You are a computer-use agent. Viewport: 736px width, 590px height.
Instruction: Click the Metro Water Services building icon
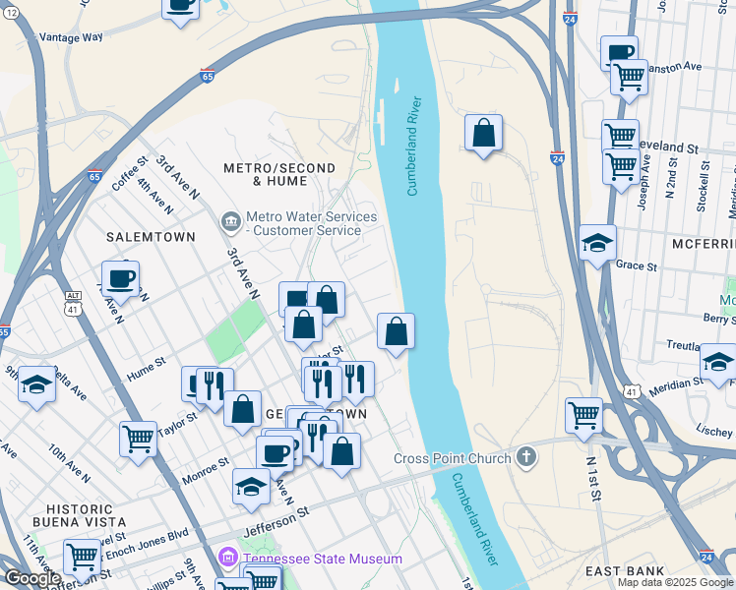point(230,222)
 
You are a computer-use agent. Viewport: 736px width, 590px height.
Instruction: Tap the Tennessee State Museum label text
point(323,559)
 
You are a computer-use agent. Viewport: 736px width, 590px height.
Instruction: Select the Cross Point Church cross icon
point(527,457)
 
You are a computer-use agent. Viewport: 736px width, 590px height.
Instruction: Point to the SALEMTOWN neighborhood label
point(151,237)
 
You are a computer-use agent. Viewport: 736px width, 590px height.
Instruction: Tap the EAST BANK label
point(624,570)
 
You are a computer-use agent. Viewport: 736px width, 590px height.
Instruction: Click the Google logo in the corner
point(31,578)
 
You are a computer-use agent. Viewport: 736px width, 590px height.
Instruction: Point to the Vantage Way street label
point(69,37)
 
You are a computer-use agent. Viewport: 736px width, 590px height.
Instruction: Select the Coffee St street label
point(129,172)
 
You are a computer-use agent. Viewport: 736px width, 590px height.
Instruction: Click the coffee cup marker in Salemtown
point(120,278)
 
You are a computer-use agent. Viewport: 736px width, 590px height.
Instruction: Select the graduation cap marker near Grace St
point(597,243)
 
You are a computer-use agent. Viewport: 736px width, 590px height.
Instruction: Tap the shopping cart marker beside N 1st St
point(583,415)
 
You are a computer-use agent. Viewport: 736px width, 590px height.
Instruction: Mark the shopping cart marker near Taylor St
point(138,437)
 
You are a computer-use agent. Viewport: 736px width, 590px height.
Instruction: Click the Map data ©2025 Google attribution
point(675,582)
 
